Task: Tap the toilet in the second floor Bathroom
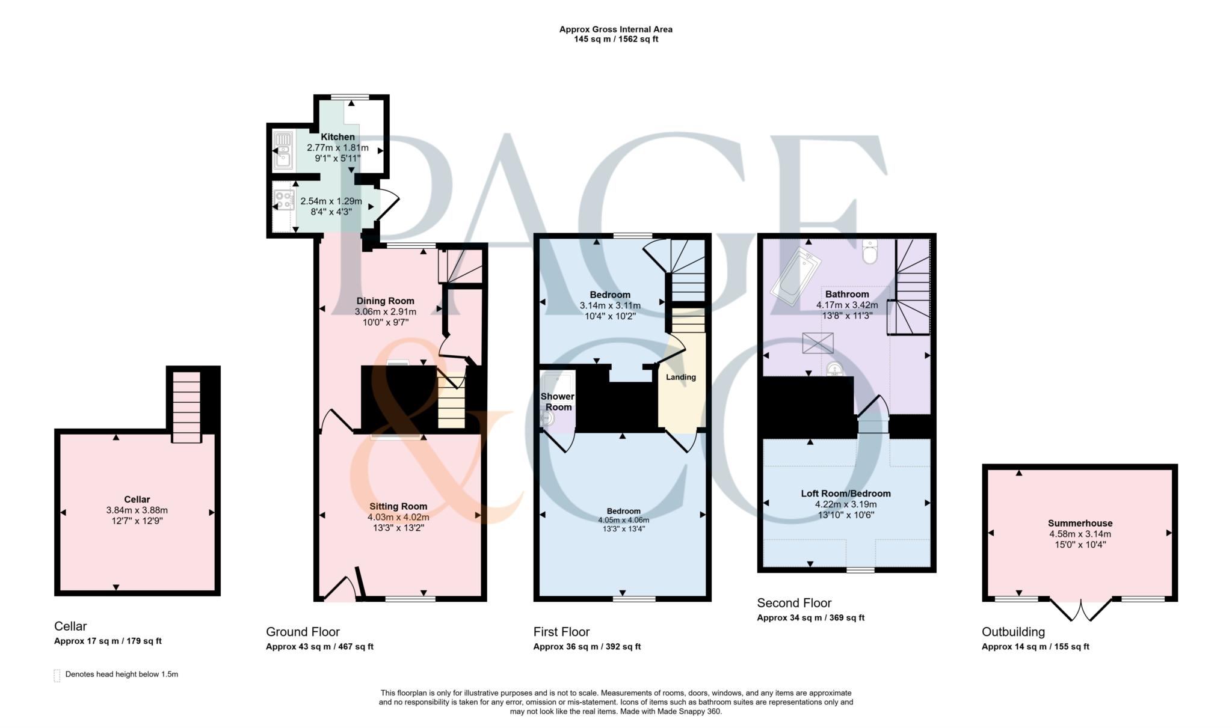(870, 252)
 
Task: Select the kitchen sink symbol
(283, 150)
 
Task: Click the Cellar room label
(137, 499)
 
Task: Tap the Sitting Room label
(398, 506)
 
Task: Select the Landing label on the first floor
(680, 377)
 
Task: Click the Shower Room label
(558, 402)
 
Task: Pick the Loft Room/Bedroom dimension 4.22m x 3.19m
(845, 504)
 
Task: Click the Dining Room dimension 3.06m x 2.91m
(385, 311)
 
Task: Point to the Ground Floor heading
(303, 632)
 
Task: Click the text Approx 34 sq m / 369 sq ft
(810, 617)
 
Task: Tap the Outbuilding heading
(1013, 632)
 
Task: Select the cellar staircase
(186, 406)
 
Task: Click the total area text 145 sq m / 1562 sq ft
(615, 39)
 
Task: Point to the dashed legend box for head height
(57, 675)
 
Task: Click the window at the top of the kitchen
(350, 97)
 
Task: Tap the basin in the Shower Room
(547, 418)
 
